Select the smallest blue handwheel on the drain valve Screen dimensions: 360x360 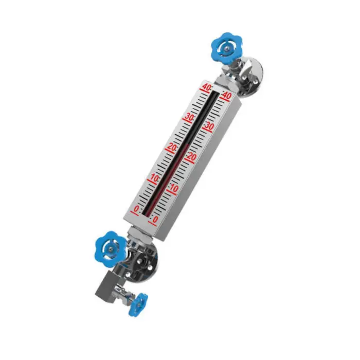tap(138, 303)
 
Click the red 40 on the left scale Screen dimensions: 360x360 tap(207, 88)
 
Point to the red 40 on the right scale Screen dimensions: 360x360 tap(225, 96)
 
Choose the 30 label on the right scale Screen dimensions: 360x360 tap(208, 126)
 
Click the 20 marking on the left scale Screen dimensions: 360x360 tap(171, 148)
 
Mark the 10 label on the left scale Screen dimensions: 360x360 tap(154, 178)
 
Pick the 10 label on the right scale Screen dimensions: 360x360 tap(173, 188)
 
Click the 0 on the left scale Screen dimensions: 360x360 tap(136, 209)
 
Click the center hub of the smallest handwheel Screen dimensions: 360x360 tap(138, 303)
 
